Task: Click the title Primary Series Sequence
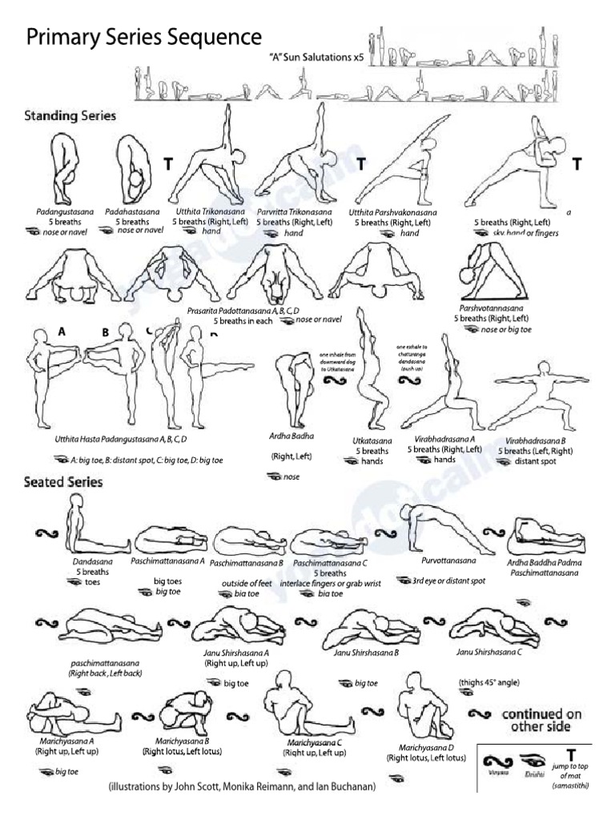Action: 144,38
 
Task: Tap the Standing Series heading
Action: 70,116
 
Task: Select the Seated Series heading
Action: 63,482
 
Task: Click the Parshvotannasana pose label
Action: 492,307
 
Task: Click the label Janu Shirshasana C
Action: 489,651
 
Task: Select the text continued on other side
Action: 542,720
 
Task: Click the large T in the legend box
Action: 571,755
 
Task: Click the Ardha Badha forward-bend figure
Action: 289,389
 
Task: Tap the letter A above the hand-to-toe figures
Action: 62,330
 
